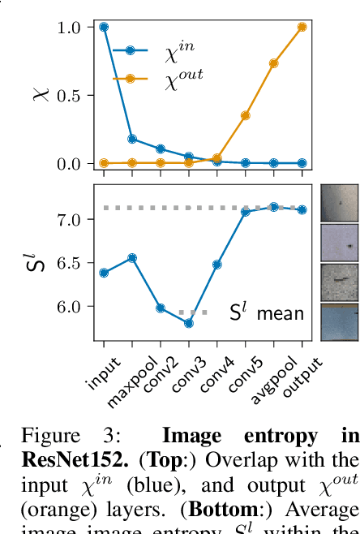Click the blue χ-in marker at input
coord(104,27)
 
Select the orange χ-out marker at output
coord(302,27)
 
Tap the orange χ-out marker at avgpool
coord(274,63)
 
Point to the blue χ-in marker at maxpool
coord(132,139)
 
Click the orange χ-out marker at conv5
coord(246,115)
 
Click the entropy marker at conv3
coord(189,323)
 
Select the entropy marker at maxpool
coord(132,258)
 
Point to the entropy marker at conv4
coord(217,265)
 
